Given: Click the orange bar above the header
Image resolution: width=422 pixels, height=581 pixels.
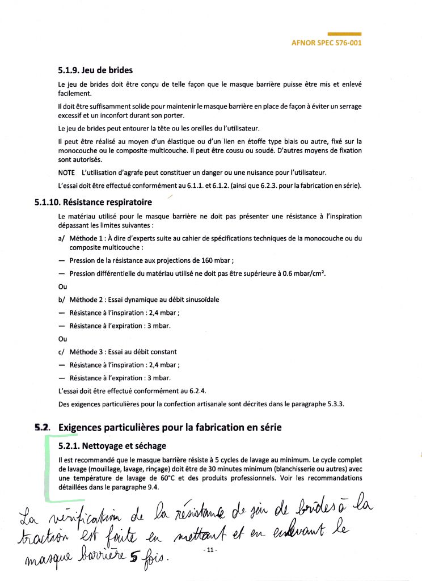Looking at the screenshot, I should [x=344, y=34].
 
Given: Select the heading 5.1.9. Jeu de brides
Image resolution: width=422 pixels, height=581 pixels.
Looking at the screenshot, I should [x=95, y=71].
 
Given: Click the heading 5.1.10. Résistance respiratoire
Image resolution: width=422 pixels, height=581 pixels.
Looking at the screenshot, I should [x=94, y=201].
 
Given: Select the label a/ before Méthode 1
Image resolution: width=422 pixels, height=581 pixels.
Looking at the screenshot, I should [x=61, y=239].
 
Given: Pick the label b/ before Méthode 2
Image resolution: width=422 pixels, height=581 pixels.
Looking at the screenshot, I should [x=61, y=299].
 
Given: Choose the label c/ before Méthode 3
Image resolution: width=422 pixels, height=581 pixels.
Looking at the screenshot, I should [x=61, y=352].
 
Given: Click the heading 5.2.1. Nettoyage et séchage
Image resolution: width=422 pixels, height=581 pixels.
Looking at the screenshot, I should [x=112, y=446].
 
